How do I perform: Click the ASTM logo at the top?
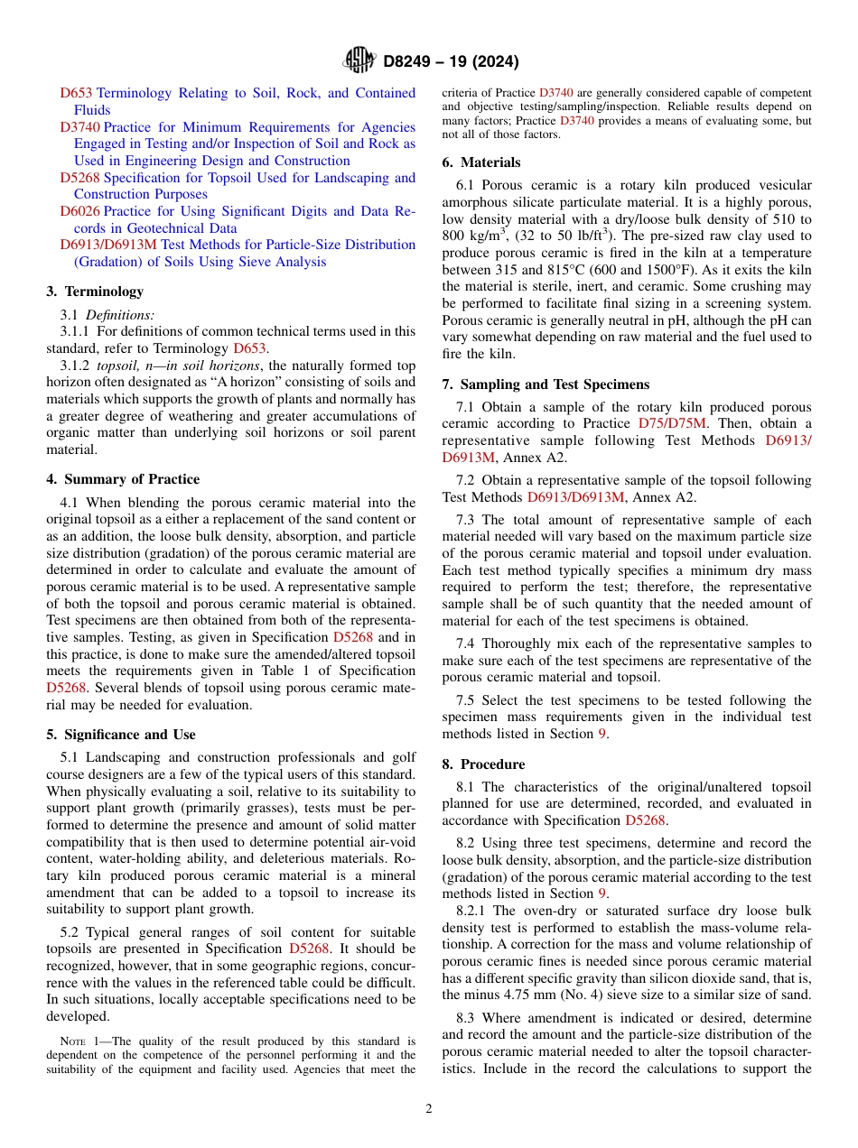tap(359, 60)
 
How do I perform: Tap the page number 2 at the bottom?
tap(429, 1108)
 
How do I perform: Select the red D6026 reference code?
tap(80, 211)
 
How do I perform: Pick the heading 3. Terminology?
tap(95, 292)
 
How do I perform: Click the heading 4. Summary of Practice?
tap(123, 479)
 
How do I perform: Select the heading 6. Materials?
tap(481, 162)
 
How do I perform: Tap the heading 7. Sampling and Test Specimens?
tap(546, 384)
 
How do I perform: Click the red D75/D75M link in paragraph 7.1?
tap(673, 423)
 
